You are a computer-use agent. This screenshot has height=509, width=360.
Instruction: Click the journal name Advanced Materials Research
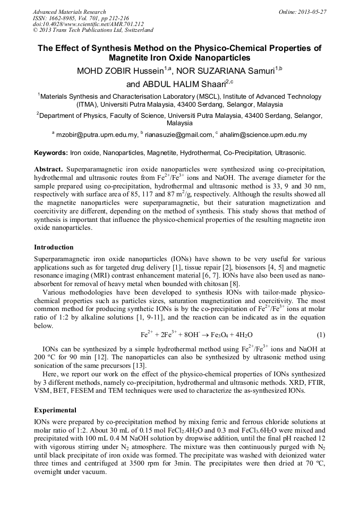click(69, 12)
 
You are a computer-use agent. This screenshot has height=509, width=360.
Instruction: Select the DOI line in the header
click(88, 24)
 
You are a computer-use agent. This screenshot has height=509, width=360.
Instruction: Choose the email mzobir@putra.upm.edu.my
click(97, 135)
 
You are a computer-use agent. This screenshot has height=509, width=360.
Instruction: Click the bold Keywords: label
click(51, 153)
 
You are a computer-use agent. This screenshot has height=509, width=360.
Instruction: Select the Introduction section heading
click(54, 247)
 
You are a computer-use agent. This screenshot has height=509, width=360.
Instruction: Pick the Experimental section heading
click(55, 410)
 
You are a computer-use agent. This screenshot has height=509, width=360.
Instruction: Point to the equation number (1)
click(321, 335)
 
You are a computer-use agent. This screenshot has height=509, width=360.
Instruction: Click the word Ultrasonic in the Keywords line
click(290, 153)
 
